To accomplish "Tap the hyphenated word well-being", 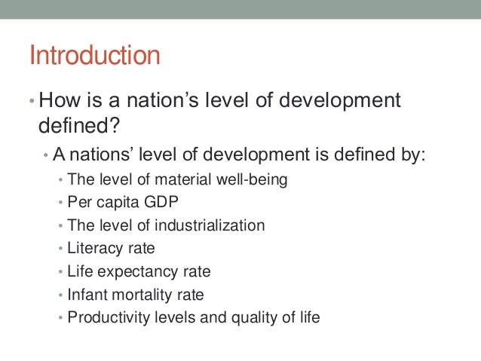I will (x=247, y=181).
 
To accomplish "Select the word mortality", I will (x=140, y=295).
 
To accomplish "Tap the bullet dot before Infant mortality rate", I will (x=60, y=295).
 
